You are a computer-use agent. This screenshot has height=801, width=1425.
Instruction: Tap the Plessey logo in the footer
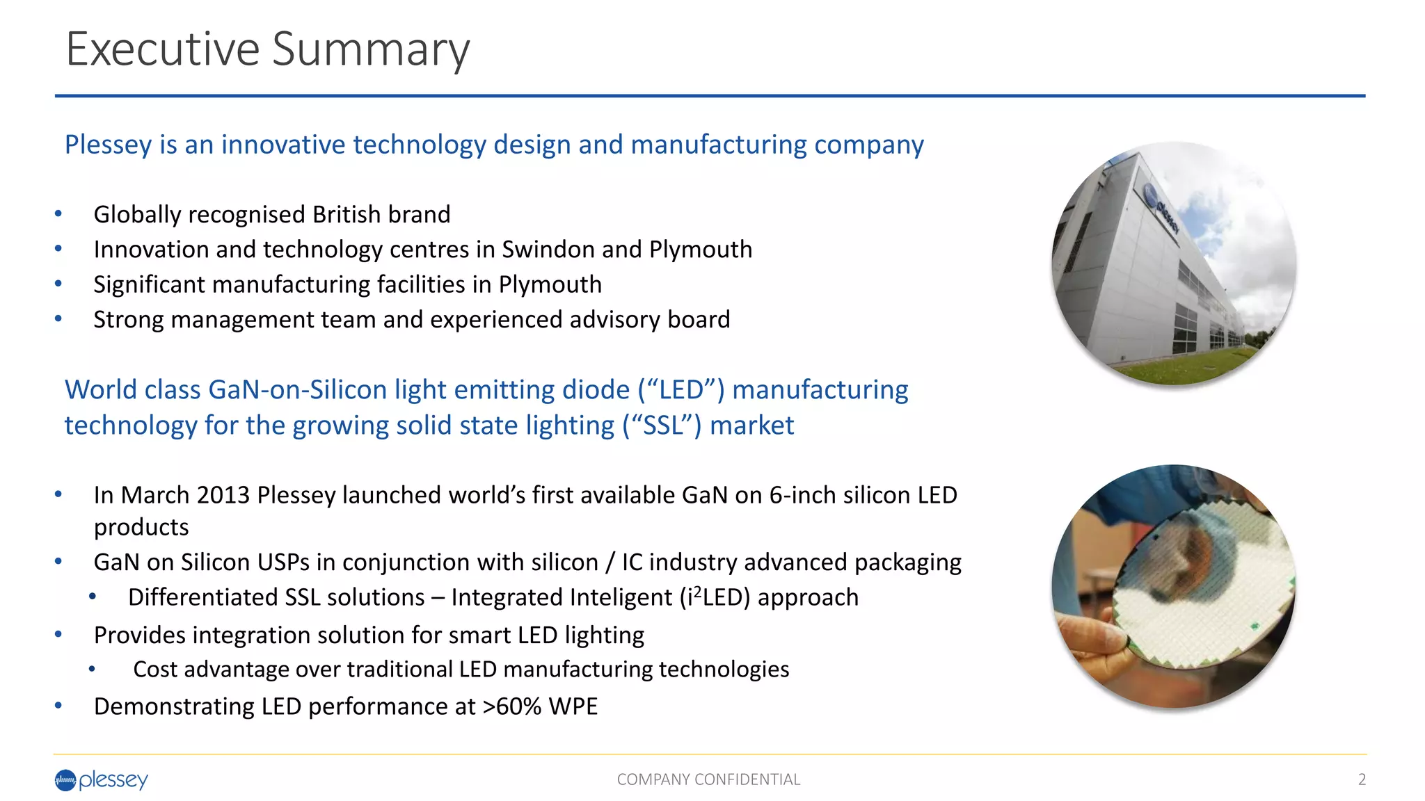tap(102, 780)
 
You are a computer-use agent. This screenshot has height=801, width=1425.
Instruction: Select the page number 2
tap(1362, 779)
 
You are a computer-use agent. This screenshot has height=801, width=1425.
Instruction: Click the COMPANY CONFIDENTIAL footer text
tap(708, 779)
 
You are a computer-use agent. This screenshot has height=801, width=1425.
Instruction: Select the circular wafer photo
tap(1174, 586)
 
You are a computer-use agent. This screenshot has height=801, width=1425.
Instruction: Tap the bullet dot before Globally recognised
tap(58, 214)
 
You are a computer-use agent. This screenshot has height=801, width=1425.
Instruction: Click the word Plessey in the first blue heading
tap(108, 145)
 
